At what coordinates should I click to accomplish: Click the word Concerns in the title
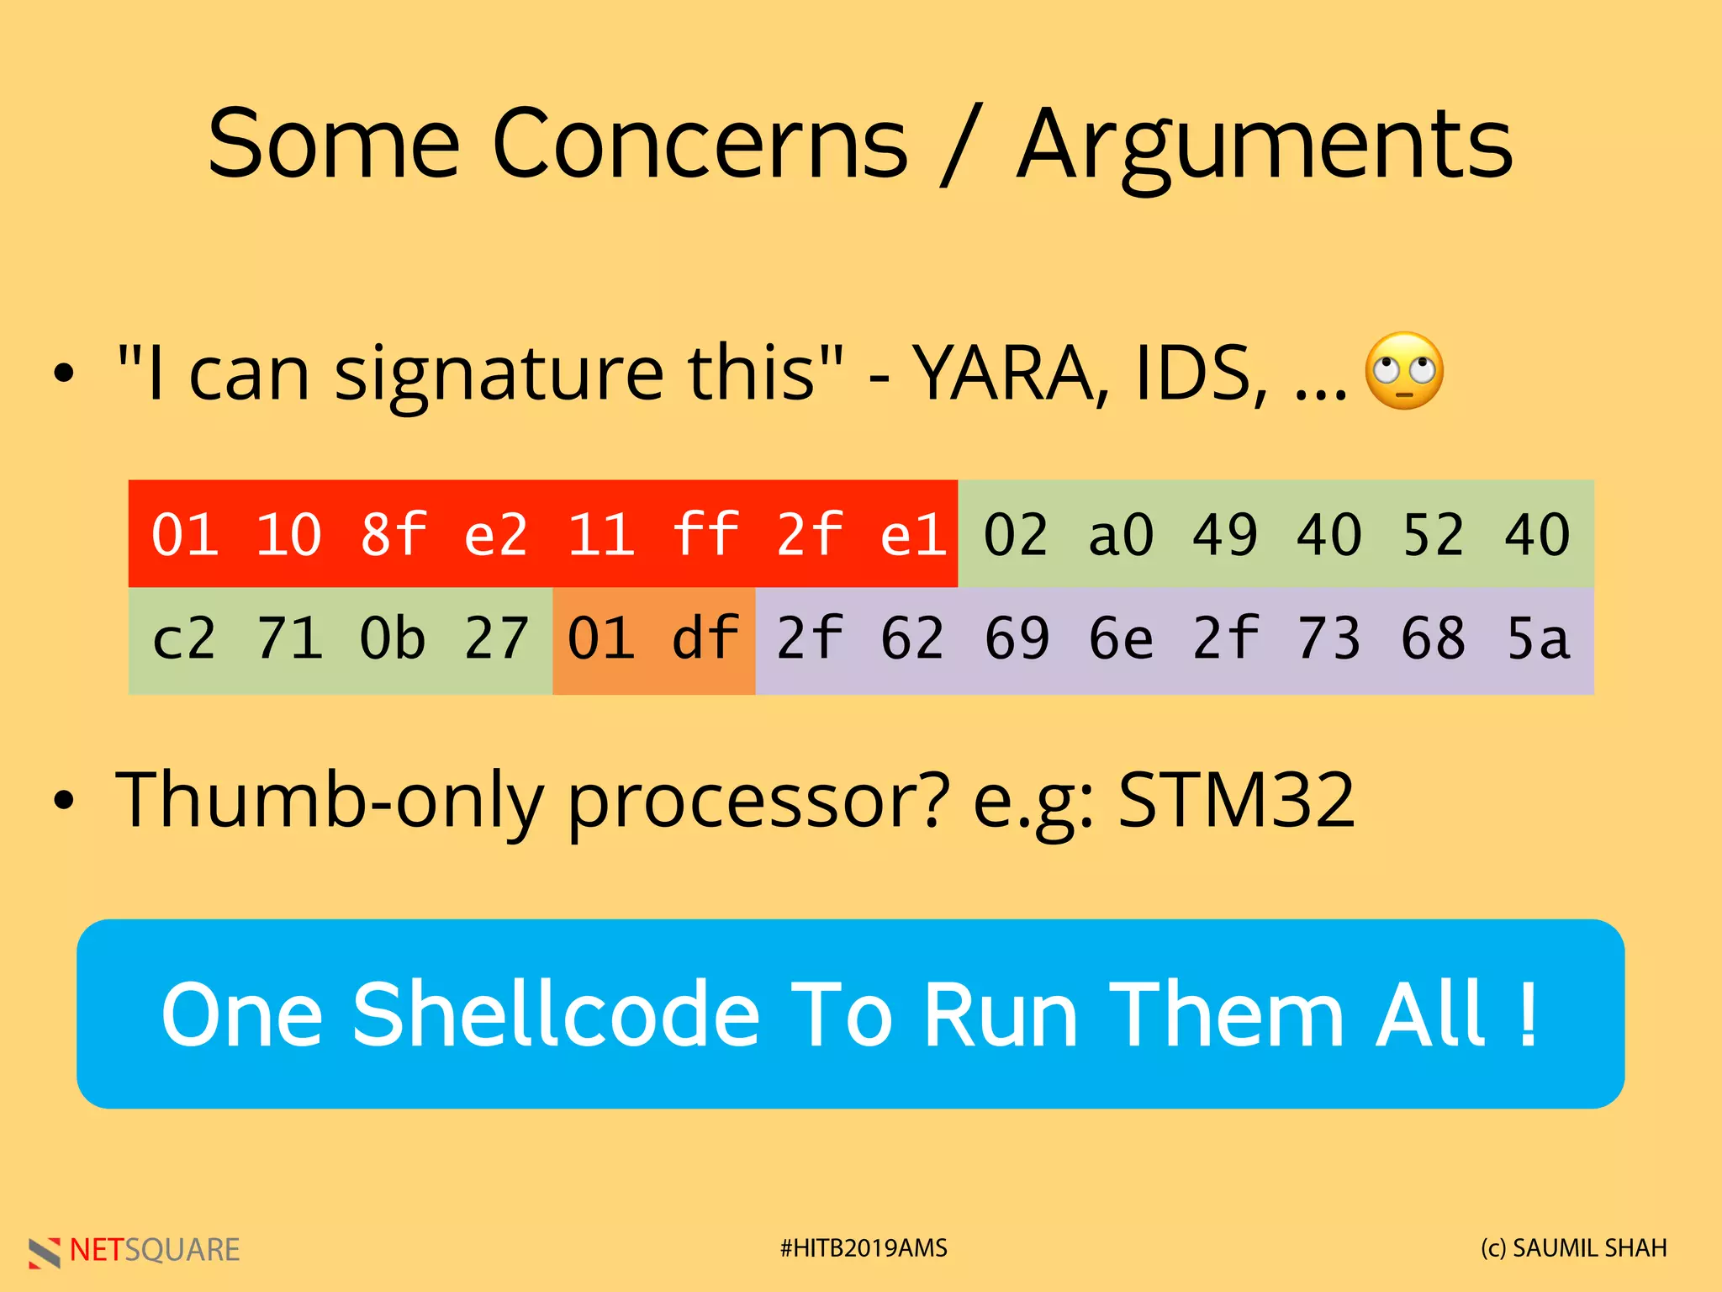(x=700, y=145)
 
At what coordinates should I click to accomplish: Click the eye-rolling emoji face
(x=1403, y=371)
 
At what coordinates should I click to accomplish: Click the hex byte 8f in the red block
(x=393, y=535)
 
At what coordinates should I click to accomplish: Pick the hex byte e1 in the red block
(x=913, y=535)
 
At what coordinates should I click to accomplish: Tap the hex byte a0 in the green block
(x=1121, y=535)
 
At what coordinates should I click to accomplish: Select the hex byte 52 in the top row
(x=1434, y=535)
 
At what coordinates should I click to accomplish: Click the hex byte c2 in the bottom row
(x=184, y=638)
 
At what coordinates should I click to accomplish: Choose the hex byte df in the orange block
(x=705, y=638)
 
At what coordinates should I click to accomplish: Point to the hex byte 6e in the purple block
(x=1121, y=638)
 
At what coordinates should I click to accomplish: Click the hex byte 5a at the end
(x=1538, y=638)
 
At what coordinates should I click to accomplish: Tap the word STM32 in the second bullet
(x=1236, y=800)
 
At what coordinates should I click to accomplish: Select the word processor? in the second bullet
(x=758, y=800)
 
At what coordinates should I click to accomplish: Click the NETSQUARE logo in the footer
(x=135, y=1250)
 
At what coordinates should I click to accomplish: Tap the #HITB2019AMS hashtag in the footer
(x=863, y=1248)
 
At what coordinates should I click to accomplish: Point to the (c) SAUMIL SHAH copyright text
(x=1573, y=1248)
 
